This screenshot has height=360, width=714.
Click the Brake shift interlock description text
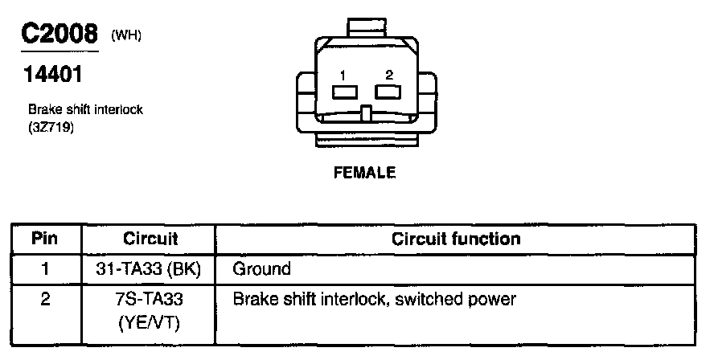85,109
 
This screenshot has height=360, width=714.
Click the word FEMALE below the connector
366,173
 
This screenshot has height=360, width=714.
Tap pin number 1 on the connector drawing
343,75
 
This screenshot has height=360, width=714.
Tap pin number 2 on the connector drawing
389,75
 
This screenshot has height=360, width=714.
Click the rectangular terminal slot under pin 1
344,92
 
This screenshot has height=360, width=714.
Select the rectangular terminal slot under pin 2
388,92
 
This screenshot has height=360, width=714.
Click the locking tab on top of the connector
367,27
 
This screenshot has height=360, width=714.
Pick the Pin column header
45,239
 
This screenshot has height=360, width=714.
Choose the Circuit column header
150,239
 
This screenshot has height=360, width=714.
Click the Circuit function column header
455,239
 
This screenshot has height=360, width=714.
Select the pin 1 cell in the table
45,269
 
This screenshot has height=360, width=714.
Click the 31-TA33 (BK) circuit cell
150,269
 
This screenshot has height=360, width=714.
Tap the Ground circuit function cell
261,269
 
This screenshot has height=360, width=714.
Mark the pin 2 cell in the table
45,300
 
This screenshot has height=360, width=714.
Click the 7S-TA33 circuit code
150,300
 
